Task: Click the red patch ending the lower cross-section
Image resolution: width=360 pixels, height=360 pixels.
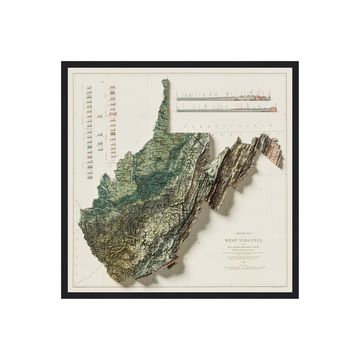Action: [x=273, y=109]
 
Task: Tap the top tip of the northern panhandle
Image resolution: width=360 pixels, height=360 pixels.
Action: [x=165, y=81]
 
